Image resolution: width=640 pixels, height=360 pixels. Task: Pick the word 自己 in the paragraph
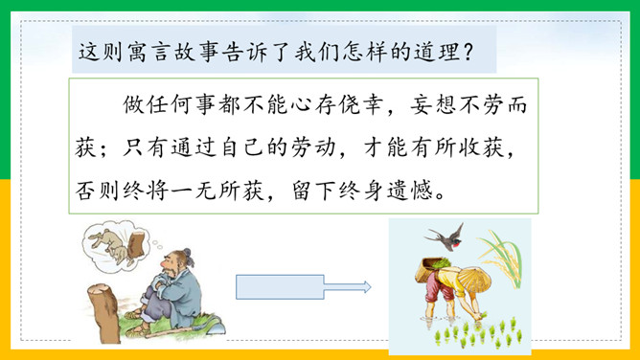pos(242,147)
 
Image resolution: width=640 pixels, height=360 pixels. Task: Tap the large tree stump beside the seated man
pos(104,312)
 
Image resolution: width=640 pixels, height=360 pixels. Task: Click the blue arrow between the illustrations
pos(303,287)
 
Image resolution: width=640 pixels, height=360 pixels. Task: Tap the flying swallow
pos(445,237)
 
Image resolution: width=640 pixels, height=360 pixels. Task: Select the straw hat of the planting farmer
pos(473,281)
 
